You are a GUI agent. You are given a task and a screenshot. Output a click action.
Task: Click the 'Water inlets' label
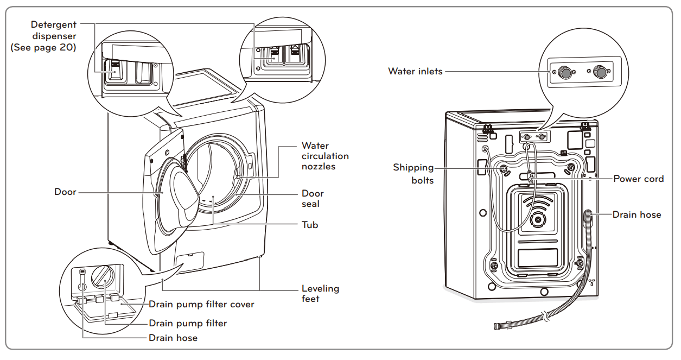(x=415, y=71)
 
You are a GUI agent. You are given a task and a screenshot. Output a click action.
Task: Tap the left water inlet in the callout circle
(x=566, y=72)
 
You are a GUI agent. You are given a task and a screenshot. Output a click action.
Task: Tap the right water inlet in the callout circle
(x=600, y=72)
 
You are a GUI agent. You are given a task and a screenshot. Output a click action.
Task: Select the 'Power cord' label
(x=638, y=179)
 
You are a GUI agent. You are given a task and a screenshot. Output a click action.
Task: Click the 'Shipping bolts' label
(x=413, y=174)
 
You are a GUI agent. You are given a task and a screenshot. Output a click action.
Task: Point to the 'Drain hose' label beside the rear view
(x=637, y=214)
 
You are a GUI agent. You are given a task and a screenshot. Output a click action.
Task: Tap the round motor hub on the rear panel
(x=538, y=219)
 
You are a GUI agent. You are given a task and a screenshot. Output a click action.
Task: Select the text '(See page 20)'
(x=43, y=48)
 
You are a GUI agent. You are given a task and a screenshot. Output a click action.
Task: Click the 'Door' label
(x=65, y=192)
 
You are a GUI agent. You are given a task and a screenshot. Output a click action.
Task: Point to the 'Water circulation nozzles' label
(x=324, y=156)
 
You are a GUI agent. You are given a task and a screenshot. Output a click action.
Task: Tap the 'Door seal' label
(x=313, y=199)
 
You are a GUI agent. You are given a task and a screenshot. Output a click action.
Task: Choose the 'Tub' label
(x=310, y=224)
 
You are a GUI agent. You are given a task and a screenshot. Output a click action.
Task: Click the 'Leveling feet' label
(x=320, y=293)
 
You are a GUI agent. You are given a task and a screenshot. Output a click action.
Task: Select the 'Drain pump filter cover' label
(x=201, y=304)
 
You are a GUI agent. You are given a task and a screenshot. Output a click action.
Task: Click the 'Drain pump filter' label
(x=188, y=323)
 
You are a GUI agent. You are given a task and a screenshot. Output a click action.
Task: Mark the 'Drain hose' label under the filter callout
(x=173, y=338)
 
